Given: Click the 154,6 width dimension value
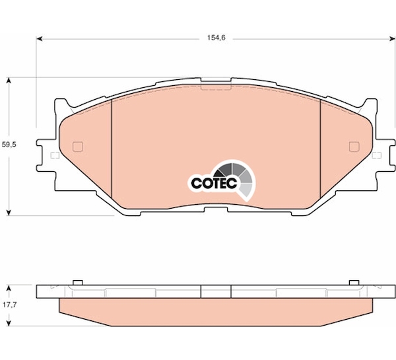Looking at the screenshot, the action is [x=216, y=38].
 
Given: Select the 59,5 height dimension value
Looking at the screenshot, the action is [x=9, y=145].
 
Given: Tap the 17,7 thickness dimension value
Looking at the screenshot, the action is [x=10, y=305].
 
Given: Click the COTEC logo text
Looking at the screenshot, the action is [x=214, y=183].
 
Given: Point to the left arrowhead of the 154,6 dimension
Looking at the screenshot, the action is [x=39, y=39].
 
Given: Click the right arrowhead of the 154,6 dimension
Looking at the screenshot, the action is [x=392, y=39].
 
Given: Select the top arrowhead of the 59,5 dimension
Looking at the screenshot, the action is [x=9, y=81].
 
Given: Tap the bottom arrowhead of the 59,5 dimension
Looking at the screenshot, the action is [x=9, y=213].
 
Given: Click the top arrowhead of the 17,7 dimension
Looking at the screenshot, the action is [x=9, y=289].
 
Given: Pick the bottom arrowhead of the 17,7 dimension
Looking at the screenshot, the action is [x=9, y=323].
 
